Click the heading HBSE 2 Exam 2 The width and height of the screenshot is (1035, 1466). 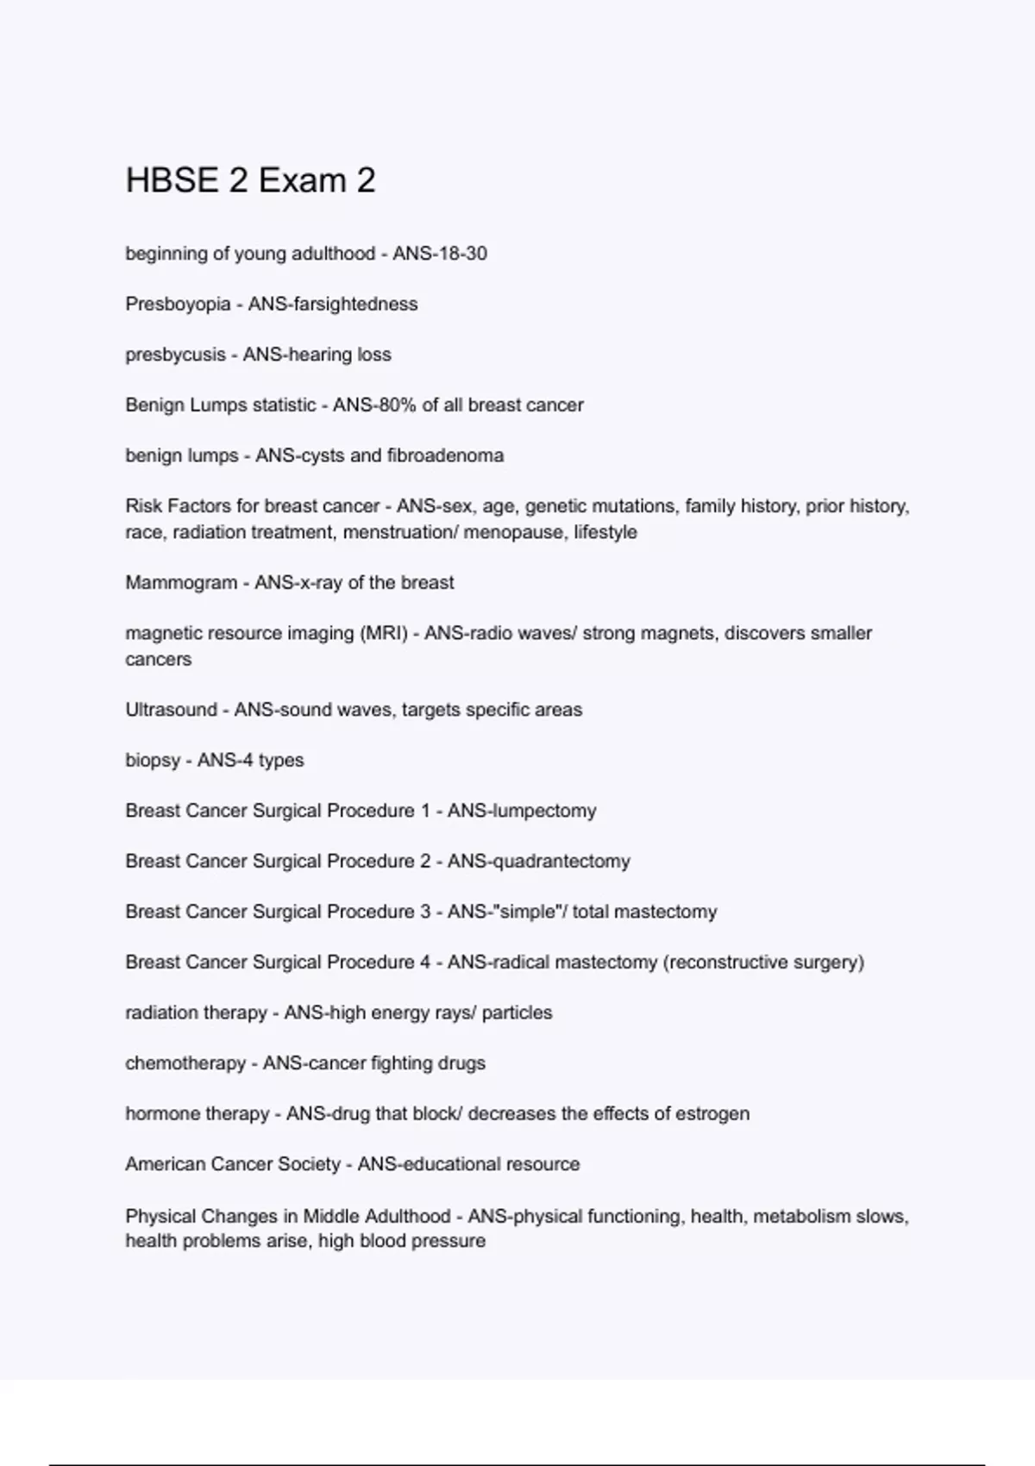click(250, 180)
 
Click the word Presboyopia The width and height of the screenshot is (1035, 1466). click(178, 304)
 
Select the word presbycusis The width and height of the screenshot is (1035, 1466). click(175, 354)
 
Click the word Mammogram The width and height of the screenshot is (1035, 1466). click(181, 583)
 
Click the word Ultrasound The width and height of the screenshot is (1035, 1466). click(171, 710)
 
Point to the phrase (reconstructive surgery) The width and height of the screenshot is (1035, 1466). click(763, 962)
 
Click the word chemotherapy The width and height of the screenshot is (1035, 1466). click(185, 1063)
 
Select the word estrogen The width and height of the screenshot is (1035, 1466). click(712, 1113)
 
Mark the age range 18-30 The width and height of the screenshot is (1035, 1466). click(464, 254)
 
